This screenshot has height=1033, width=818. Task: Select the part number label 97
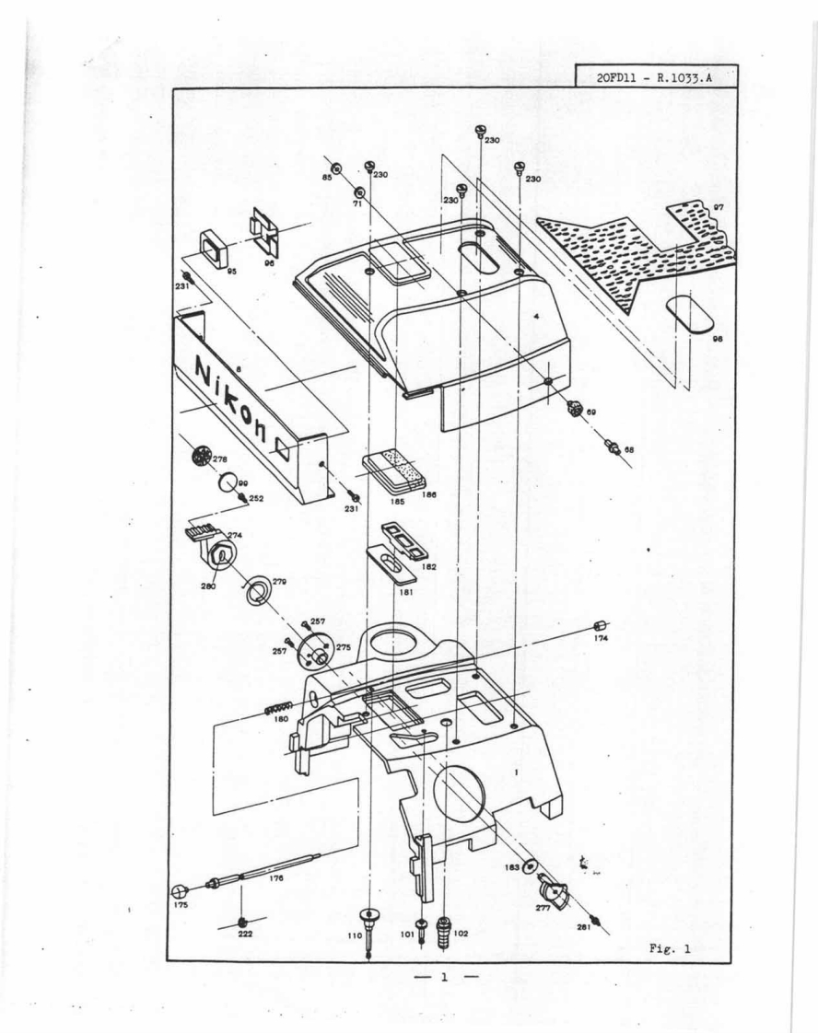click(719, 208)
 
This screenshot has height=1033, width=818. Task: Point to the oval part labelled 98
click(690, 312)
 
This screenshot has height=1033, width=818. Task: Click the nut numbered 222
click(241, 921)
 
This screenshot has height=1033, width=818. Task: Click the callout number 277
click(543, 907)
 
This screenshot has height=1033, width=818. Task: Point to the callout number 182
click(429, 567)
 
